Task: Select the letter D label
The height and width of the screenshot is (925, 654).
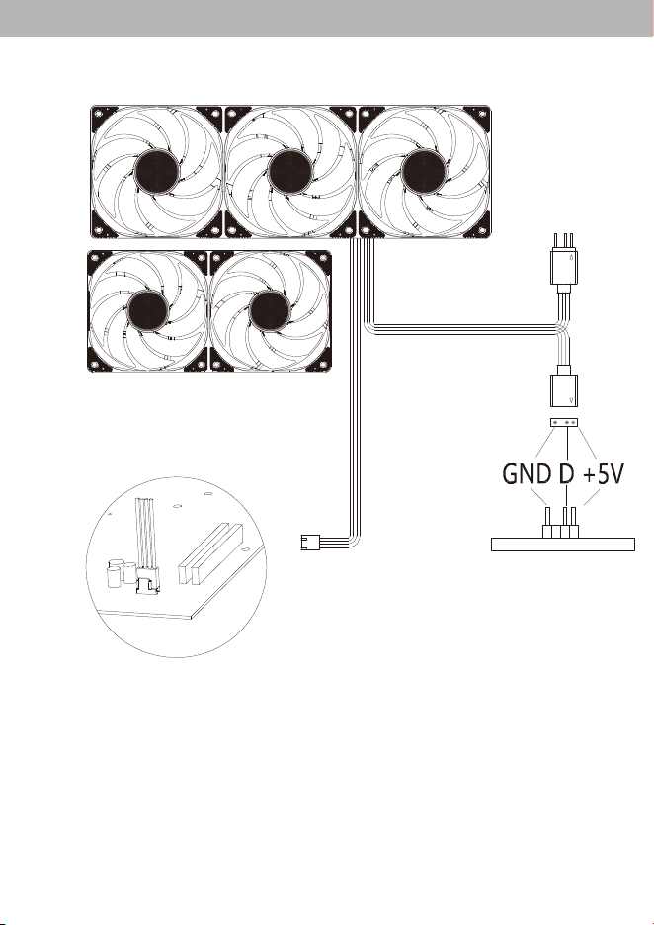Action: (x=565, y=474)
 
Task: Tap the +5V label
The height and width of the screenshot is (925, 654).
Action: (x=603, y=474)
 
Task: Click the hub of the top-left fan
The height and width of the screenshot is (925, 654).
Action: (x=156, y=172)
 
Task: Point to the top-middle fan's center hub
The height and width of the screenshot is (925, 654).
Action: (x=290, y=172)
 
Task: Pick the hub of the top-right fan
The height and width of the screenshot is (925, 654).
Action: (x=424, y=172)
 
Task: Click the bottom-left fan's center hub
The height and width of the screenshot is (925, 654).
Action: (x=147, y=311)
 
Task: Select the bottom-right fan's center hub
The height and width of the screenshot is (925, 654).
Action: (x=270, y=311)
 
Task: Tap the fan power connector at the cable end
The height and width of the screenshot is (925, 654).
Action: (x=310, y=543)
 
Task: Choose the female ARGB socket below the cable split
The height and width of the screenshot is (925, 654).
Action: (x=565, y=385)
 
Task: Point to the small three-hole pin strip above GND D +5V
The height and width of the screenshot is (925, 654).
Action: (x=564, y=422)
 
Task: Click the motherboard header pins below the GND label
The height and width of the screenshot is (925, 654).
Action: (x=560, y=523)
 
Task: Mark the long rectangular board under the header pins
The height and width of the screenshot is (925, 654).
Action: (x=563, y=545)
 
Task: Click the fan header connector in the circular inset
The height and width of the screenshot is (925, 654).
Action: (x=148, y=582)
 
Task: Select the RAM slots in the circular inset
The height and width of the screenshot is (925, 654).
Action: (x=210, y=554)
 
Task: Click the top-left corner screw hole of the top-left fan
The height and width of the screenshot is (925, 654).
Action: (x=98, y=113)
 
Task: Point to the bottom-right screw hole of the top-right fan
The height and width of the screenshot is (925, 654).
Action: (x=483, y=230)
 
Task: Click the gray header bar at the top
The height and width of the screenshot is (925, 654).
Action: (x=327, y=18)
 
